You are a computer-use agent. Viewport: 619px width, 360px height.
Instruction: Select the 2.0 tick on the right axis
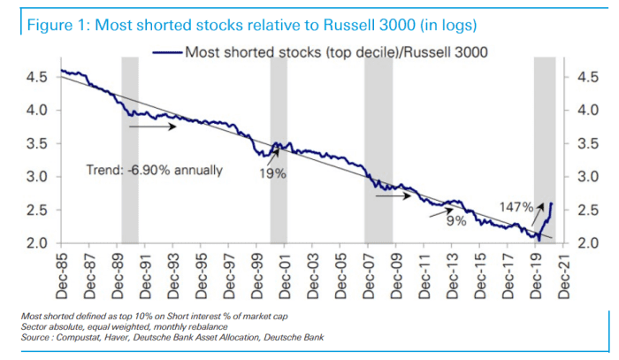(x=587, y=242)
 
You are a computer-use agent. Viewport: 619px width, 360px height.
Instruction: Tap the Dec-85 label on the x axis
(x=62, y=271)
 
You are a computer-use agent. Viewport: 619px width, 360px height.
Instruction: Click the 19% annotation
(x=271, y=174)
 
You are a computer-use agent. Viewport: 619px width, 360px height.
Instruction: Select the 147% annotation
(x=516, y=207)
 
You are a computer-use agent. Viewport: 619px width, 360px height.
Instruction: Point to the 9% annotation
(x=456, y=221)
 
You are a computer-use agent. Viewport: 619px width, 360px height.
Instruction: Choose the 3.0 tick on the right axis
(x=587, y=176)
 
